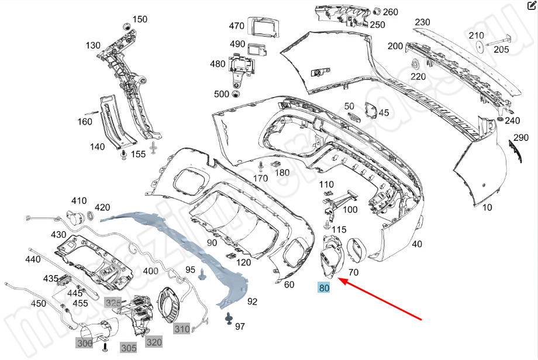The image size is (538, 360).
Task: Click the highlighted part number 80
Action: pyautogui.click(x=324, y=288)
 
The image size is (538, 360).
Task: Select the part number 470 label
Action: pyautogui.click(x=236, y=26)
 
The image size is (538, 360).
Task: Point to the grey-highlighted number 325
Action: pyautogui.click(x=112, y=302)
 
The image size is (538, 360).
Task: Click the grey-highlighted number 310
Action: pyautogui.click(x=182, y=329)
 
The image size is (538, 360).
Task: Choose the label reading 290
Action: pyautogui.click(x=520, y=138)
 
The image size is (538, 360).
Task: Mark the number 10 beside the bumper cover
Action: pyautogui.click(x=487, y=207)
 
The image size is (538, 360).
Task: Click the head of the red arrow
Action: pyautogui.click(x=341, y=281)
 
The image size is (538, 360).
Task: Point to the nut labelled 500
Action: pyautogui.click(x=236, y=94)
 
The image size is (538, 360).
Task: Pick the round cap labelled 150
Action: pyautogui.click(x=125, y=26)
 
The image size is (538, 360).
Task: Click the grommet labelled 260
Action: pyautogui.click(x=377, y=11)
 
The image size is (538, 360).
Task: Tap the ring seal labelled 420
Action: pyautogui.click(x=91, y=217)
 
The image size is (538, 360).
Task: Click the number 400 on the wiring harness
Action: pyautogui.click(x=150, y=271)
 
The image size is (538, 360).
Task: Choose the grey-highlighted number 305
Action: pyautogui.click(x=129, y=348)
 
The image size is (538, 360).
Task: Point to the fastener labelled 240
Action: pyautogui.click(x=501, y=120)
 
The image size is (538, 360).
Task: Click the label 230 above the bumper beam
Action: pyautogui.click(x=422, y=22)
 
